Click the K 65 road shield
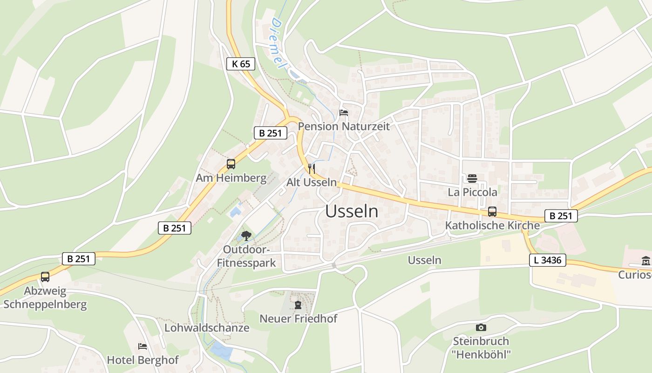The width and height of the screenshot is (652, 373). pos(241,64)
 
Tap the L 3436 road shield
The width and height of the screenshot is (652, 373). pos(547,260)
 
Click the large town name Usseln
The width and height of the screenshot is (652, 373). pos(352,211)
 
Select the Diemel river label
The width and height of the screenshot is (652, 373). pos(278,44)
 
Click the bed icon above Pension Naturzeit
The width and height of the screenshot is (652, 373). pos(344,112)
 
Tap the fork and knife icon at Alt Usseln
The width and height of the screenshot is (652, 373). pos(312,168)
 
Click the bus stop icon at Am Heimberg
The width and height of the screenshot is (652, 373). pos(231,164)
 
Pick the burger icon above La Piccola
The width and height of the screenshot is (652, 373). pos(472,179)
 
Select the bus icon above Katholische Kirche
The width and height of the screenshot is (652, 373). pos(492,212)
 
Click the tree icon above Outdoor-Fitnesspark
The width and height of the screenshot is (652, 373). pos(246,236)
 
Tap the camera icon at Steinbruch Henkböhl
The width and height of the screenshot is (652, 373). pos(481,328)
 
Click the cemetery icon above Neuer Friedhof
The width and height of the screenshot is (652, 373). pos(298,305)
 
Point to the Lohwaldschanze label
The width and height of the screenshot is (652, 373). pos(207,328)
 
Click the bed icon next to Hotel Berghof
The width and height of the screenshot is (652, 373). pos(143,346)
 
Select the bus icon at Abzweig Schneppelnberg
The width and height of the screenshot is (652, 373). pos(45,276)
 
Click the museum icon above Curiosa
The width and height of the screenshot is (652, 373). pos(646,261)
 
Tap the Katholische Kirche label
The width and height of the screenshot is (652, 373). pos(492,226)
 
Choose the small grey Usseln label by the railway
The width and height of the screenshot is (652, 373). pos(424,260)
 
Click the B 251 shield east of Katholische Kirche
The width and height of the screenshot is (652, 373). pos(561,216)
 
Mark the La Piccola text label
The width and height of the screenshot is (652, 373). pos(472,192)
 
